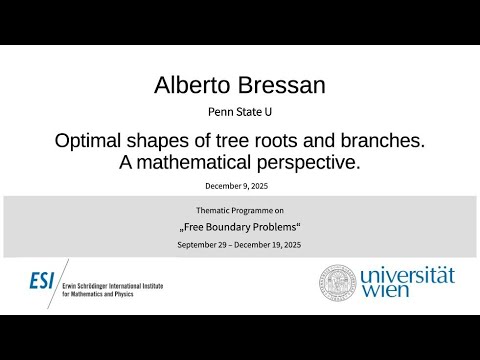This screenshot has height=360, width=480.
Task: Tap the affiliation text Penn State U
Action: tap(240, 112)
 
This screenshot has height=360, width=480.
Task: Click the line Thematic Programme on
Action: tap(240, 212)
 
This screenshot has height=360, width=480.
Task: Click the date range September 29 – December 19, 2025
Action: tap(240, 245)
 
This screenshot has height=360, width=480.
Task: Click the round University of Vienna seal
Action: tap(338, 284)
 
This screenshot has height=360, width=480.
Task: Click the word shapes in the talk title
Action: tap(156, 141)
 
